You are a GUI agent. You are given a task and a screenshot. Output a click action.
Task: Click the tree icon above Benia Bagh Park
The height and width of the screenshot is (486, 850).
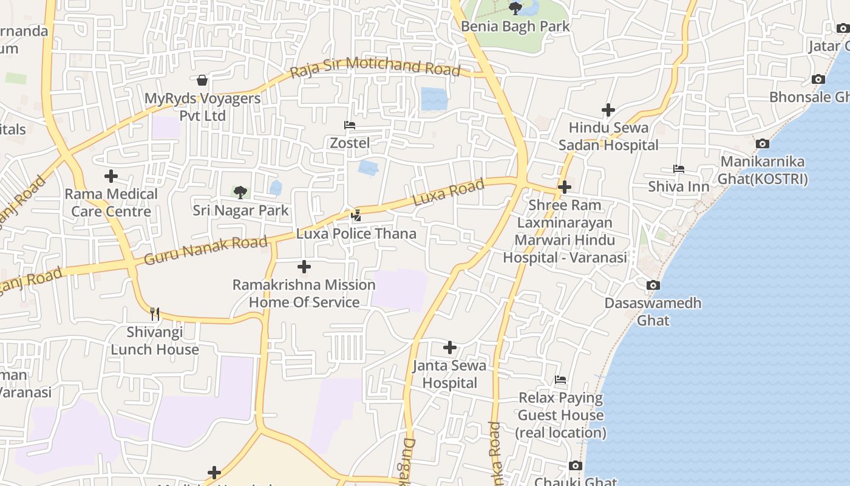515,8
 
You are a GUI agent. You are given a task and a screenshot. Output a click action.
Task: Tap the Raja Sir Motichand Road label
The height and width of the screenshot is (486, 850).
375,66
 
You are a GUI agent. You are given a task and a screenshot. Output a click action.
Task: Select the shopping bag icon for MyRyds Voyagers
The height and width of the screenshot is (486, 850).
202,80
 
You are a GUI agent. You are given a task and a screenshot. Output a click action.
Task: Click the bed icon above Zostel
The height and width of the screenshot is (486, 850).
350,125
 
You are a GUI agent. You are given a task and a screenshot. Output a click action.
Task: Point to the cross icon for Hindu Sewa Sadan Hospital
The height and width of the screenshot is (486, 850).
608,110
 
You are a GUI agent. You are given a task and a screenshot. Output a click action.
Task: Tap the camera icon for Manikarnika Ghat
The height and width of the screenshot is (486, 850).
763,144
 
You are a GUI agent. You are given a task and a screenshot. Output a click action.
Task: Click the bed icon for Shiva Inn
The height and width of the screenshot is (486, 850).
679,168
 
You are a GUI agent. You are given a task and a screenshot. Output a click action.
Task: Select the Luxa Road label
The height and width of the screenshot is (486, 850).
448,192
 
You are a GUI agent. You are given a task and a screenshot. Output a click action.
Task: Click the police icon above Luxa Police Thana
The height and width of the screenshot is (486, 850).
356,215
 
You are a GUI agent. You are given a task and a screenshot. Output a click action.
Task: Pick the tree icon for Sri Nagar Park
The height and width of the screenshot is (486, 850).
240,193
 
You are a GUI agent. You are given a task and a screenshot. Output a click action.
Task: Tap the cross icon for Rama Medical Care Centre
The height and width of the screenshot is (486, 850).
111,176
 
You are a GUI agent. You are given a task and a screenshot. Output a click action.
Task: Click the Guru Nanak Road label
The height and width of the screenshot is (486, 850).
205,250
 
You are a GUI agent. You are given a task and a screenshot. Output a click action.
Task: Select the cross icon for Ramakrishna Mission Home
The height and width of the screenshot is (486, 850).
304,267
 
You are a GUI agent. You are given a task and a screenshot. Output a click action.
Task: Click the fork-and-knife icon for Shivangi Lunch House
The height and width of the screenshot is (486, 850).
155,313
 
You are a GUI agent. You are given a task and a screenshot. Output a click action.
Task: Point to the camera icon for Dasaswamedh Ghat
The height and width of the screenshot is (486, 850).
653,285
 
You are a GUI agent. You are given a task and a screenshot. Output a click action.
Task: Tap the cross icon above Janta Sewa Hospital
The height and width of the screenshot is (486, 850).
450,347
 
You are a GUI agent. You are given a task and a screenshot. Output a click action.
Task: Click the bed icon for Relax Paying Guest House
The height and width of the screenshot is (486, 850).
560,380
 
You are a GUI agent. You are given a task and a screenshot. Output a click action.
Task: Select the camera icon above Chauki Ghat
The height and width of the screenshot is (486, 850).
576,466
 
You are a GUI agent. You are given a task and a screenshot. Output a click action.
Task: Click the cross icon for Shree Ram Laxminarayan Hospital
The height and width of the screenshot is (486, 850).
565,187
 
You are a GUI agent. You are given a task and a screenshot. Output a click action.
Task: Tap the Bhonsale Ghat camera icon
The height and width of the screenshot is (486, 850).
818,79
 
